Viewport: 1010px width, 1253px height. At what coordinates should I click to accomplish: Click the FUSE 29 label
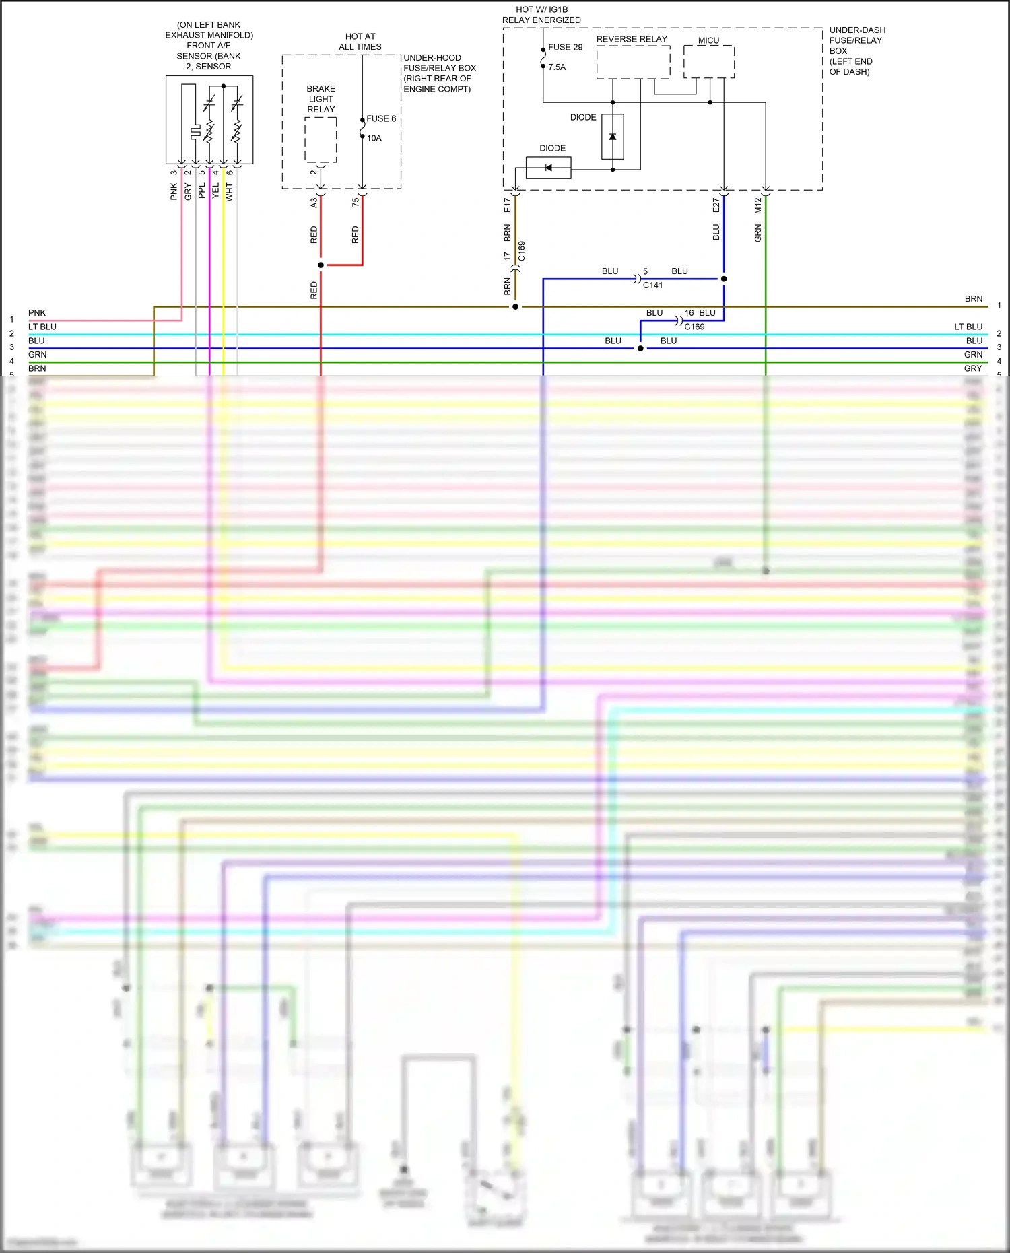coord(565,47)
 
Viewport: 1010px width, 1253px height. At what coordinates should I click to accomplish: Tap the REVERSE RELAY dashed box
coord(633,63)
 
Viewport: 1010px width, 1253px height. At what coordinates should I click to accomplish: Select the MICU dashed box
coord(708,62)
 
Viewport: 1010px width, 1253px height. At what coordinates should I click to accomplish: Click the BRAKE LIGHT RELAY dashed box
coord(321,140)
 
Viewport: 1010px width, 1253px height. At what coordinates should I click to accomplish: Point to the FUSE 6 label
coord(381,118)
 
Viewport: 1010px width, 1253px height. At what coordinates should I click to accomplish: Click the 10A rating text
coord(374,138)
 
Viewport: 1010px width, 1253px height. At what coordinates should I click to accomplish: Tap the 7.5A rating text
coord(557,67)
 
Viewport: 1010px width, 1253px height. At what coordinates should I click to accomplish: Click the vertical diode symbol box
coord(613,137)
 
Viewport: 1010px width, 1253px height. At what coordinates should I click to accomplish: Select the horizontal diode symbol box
coord(548,168)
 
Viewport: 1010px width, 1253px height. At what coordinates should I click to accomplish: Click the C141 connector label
coord(652,285)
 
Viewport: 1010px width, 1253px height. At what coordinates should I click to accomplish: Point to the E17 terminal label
coord(508,205)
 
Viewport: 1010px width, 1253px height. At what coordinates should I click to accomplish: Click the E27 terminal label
coord(716,205)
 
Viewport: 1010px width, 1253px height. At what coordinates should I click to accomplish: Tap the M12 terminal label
coord(757,205)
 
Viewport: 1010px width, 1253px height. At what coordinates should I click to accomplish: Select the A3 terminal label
coord(314,202)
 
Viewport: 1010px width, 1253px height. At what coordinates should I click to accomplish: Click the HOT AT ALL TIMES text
coord(360,42)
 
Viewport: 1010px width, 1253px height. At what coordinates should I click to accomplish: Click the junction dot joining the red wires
coord(321,265)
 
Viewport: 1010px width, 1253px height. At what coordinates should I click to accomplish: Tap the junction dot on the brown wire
coord(515,307)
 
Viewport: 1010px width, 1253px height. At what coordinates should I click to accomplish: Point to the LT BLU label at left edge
coord(42,327)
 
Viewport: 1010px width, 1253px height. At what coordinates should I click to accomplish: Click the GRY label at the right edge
coord(972,369)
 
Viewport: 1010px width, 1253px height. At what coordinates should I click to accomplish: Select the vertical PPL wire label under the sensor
coord(201,191)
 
